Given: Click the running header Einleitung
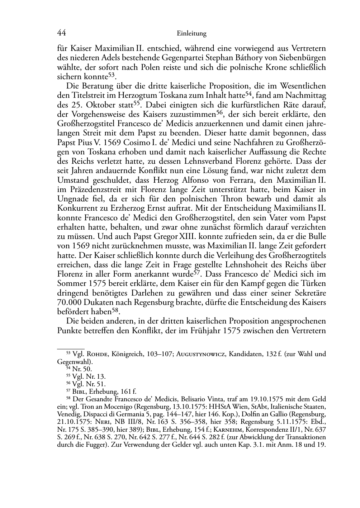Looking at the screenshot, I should (x=192, y=34).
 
